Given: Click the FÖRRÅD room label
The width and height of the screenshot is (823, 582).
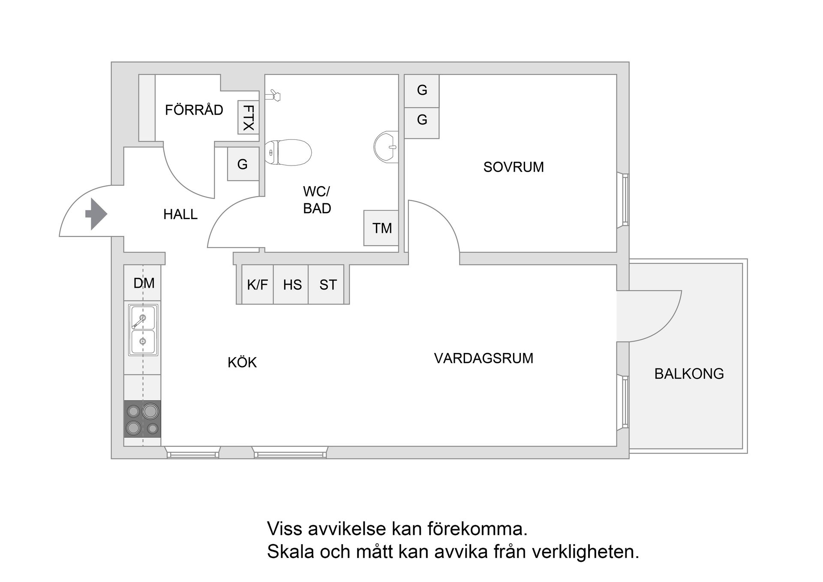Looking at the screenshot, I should [194, 110].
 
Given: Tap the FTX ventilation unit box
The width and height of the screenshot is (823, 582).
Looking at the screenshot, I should [248, 118].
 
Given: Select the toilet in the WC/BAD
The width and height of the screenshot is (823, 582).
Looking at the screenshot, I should [288, 152].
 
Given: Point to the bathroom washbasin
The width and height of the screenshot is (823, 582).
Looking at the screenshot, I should [386, 147].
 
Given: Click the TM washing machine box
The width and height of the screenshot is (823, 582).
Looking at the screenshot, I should [381, 228].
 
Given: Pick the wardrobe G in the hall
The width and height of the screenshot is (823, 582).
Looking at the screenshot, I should [243, 164].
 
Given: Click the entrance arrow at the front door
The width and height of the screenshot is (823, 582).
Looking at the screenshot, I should [96, 214].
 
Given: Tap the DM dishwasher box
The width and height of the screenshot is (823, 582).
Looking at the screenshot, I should [144, 283].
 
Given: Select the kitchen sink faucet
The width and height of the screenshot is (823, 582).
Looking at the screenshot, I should [140, 320].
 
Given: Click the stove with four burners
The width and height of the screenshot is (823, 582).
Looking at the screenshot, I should [142, 419].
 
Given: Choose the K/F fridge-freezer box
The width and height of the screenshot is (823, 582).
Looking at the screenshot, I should [257, 285].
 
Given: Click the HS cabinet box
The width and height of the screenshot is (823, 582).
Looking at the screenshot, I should [292, 285].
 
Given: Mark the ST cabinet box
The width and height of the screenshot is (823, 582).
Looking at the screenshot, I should [328, 285].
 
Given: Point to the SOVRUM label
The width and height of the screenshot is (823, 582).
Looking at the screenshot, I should [514, 167].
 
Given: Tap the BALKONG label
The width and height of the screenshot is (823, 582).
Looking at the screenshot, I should [689, 374].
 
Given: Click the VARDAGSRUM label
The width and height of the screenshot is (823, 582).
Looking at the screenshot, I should [484, 358].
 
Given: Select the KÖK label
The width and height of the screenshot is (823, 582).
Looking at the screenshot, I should [242, 363].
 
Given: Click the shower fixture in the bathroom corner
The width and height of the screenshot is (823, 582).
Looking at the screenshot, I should [273, 95].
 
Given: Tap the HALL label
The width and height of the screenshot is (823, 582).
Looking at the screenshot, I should [180, 214].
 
